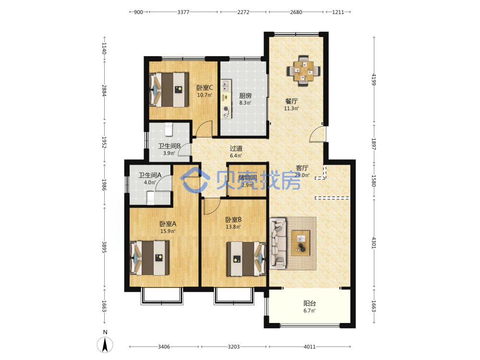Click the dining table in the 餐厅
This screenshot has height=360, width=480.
pyautogui.click(x=304, y=71)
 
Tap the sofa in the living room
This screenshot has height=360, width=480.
pyautogui.click(x=278, y=243)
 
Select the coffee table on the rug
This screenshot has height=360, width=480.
pyautogui.click(x=300, y=243)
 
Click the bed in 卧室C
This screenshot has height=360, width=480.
pyautogui.click(x=168, y=89)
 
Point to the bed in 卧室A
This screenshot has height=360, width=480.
pyautogui.click(x=150, y=258)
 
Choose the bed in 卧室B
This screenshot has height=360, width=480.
pyautogui.click(x=246, y=259)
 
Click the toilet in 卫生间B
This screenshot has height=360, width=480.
pyautogui.click(x=168, y=129)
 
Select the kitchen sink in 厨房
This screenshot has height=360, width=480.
pyautogui.click(x=226, y=86)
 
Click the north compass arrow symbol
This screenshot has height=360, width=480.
pyautogui.click(x=105, y=344)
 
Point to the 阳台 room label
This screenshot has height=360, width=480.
pyautogui.click(x=310, y=303)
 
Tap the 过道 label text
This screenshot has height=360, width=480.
pyautogui.click(x=236, y=148)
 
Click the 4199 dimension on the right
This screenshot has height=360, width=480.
pyautogui.click(x=374, y=79)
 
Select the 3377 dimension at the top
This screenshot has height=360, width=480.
pyautogui.click(x=183, y=12)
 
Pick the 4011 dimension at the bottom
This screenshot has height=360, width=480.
pyautogui.click(x=310, y=347)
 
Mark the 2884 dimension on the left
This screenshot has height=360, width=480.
pyautogui.click(x=104, y=91)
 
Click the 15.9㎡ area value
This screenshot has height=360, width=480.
pyautogui.click(x=168, y=231)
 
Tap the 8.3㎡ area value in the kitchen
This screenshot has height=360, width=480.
pyautogui.click(x=245, y=103)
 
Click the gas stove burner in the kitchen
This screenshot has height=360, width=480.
pyautogui.click(x=226, y=108)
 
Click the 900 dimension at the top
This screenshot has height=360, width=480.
pyautogui.click(x=138, y=12)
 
